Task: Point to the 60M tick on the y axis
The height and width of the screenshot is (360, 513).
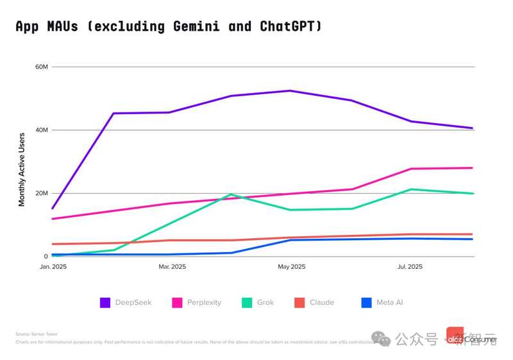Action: [41, 67]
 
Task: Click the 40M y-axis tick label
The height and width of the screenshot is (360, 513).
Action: [41, 130]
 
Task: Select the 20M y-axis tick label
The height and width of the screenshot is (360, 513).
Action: [41, 193]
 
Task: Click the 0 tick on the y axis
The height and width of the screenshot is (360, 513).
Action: [46, 257]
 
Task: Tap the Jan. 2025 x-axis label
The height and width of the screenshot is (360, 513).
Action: [53, 266]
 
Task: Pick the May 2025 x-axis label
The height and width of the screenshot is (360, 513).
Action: [290, 266]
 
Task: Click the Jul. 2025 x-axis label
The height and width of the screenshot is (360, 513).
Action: [410, 266]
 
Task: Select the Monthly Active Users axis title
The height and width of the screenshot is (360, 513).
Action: [22, 169]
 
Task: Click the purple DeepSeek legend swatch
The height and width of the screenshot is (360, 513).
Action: [105, 302]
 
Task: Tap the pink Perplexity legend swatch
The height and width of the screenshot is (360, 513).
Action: [178, 302]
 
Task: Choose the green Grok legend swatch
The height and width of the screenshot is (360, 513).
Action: [246, 302]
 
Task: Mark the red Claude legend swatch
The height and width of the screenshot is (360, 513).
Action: [299, 302]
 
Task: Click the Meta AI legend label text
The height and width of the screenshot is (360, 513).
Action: [389, 302]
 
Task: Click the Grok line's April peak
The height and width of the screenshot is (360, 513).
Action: [231, 194]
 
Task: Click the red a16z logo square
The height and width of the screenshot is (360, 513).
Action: [455, 335]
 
